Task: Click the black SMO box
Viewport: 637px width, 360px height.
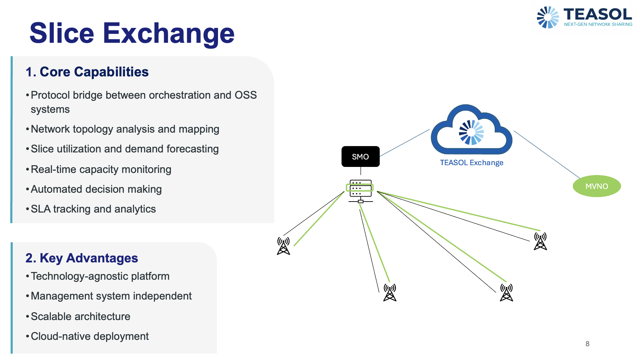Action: (360, 156)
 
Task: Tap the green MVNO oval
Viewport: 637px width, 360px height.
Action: (597, 186)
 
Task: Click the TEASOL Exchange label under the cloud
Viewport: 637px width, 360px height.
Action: (471, 163)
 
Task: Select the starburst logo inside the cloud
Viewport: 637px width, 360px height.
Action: (471, 132)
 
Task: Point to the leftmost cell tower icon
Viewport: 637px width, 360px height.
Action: (283, 246)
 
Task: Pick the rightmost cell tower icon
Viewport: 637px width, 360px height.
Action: (540, 241)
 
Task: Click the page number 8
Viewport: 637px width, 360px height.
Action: (587, 344)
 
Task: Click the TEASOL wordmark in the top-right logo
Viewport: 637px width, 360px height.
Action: (597, 14)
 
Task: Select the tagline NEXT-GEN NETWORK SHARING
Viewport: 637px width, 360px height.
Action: (598, 24)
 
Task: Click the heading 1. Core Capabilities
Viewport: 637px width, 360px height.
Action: (87, 72)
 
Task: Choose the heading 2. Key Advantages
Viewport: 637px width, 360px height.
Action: (82, 258)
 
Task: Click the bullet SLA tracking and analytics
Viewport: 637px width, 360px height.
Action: (93, 209)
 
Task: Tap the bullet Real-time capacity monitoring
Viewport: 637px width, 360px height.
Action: (101, 169)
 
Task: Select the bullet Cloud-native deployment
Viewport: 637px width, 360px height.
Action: (90, 336)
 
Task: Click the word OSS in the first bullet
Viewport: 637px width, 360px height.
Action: (246, 95)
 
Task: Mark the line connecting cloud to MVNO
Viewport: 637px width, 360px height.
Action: (547, 155)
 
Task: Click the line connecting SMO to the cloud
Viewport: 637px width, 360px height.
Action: (404, 143)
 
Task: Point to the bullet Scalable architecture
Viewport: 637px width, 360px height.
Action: (80, 317)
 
